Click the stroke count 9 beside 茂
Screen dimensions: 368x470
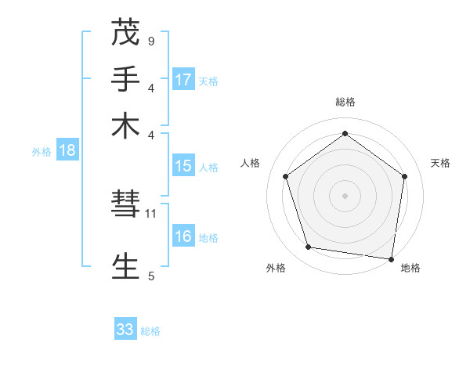coord(151,41)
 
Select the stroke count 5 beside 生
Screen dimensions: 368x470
coord(151,276)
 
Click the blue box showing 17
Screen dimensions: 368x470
coord(183,80)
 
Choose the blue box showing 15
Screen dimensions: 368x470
coord(183,166)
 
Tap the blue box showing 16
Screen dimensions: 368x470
coord(183,237)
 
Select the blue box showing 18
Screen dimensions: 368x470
coord(67,151)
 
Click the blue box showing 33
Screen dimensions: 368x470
coord(125,330)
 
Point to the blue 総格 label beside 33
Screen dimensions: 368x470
coord(150,331)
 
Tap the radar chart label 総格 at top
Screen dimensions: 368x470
coord(345,102)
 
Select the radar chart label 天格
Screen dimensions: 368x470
coord(440,163)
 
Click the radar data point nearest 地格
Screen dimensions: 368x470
coord(392,259)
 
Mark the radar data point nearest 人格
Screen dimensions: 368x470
coord(286,177)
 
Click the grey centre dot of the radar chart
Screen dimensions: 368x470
coord(345,195)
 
